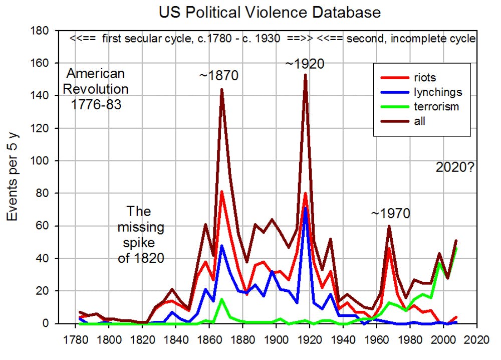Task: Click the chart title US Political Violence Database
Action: [270, 12]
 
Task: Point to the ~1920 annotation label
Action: [304, 64]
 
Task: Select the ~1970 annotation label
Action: [390, 214]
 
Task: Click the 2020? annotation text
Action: [455, 168]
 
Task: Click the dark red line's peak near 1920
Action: [305, 75]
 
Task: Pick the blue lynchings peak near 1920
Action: [305, 208]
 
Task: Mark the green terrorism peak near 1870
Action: [221, 299]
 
